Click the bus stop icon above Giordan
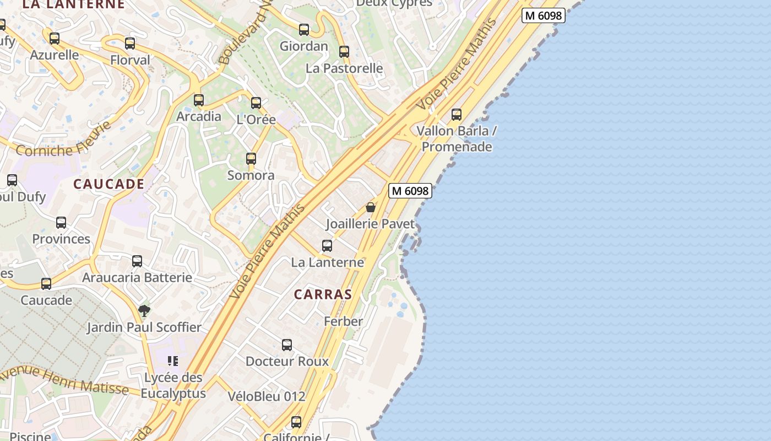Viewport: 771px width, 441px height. [304, 30]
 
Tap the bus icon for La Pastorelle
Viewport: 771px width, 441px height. [344, 52]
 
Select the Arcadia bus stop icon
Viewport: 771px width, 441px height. [199, 100]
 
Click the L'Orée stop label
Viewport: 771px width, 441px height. [256, 119]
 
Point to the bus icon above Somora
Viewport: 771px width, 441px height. [251, 159]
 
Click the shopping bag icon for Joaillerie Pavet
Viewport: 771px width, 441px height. [371, 207]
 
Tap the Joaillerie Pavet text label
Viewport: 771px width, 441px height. [370, 224]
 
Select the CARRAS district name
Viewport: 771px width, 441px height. [323, 294]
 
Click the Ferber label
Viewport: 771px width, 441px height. [343, 321]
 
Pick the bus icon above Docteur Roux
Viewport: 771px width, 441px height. [287, 345]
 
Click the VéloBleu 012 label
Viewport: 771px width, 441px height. [267, 396]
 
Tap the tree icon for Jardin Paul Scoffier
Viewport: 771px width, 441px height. [144, 311]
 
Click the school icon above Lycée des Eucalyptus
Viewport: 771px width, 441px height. [173, 361]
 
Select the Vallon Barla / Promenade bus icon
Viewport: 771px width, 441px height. [457, 115]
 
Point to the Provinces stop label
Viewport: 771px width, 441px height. [61, 239]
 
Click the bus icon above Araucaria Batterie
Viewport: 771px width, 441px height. [137, 261]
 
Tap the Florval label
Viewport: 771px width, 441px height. [130, 60]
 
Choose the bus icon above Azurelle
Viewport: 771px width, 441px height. [55, 39]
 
